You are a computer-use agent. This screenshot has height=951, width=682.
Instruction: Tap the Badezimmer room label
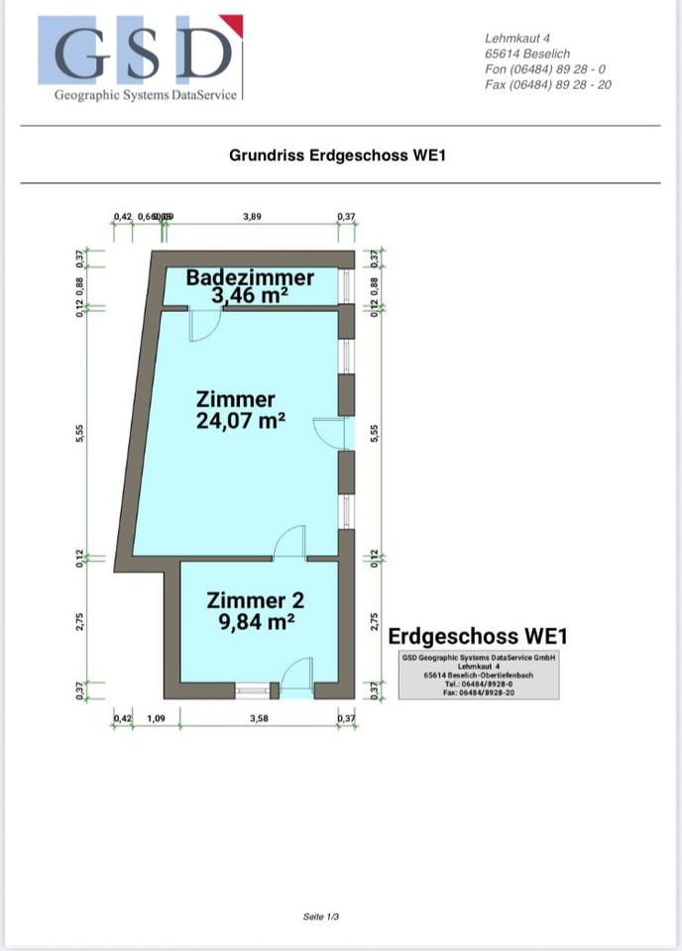250,277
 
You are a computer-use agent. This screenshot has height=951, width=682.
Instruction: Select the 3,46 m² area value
249,295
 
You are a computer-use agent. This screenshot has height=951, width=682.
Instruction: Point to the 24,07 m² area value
241,420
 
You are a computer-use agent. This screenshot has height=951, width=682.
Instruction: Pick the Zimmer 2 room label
255,599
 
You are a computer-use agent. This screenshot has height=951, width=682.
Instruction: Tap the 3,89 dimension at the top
253,216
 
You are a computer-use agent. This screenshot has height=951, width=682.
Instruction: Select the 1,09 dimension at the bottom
156,717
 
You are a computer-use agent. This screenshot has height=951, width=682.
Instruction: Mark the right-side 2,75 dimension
374,621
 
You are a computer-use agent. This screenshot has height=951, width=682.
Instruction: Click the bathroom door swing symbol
204,325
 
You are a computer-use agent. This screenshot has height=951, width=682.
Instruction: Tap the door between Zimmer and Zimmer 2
290,543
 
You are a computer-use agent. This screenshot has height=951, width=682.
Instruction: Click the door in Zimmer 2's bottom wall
296,676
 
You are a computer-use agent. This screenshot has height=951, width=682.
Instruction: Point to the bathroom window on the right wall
346,284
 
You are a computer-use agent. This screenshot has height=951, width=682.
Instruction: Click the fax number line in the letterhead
547,85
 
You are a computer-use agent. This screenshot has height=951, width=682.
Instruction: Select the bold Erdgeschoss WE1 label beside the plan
478,636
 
